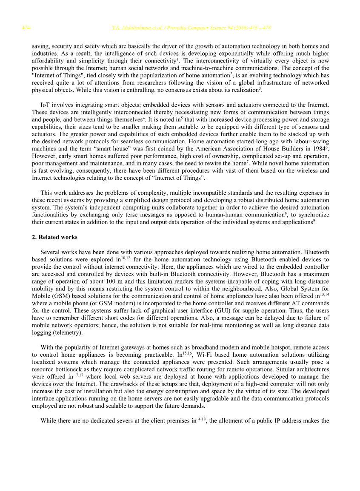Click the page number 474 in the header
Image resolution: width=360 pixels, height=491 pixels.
pyautogui.click(x=25, y=28)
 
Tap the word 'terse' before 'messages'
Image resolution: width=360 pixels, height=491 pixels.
pyautogui.click(x=140, y=215)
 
